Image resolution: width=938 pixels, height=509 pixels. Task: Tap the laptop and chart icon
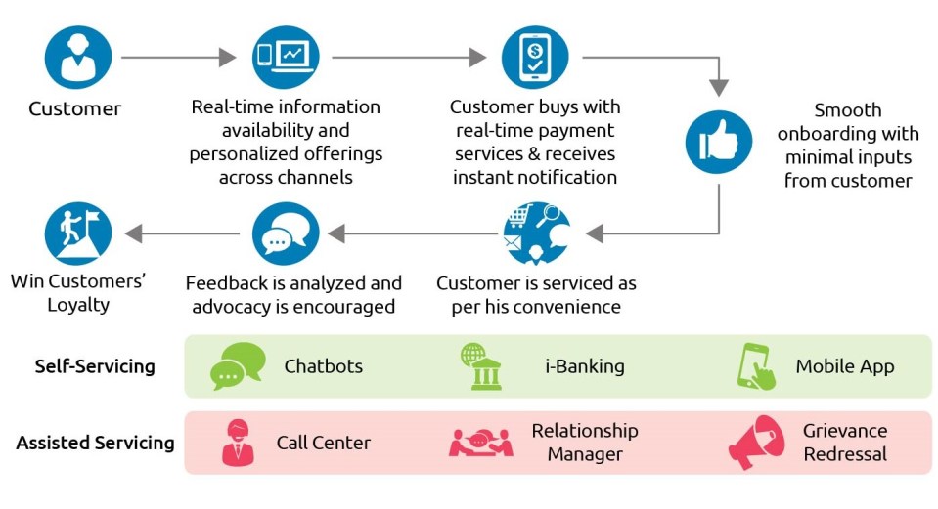click(285, 58)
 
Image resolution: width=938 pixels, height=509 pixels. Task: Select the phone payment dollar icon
click(534, 58)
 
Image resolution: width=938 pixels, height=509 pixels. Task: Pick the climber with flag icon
click(78, 234)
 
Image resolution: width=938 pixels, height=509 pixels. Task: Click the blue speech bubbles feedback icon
click(285, 234)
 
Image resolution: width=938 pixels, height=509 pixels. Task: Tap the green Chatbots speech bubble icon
click(238, 366)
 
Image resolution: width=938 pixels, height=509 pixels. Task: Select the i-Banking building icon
click(480, 366)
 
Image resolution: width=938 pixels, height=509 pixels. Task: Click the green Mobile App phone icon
click(756, 366)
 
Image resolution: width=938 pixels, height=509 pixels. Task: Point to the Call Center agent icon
click(238, 443)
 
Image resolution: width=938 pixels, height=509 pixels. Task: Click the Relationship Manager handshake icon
click(480, 443)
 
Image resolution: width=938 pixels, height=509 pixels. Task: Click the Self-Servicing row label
click(95, 367)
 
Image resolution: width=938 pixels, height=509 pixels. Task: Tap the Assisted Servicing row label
click(95, 443)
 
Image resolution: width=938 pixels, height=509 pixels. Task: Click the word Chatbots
click(324, 367)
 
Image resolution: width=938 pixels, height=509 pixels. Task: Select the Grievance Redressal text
click(845, 443)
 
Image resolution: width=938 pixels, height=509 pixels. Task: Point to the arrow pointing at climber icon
click(182, 234)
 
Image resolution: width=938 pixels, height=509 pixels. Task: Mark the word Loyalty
click(78, 305)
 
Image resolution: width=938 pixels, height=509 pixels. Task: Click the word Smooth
click(847, 109)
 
